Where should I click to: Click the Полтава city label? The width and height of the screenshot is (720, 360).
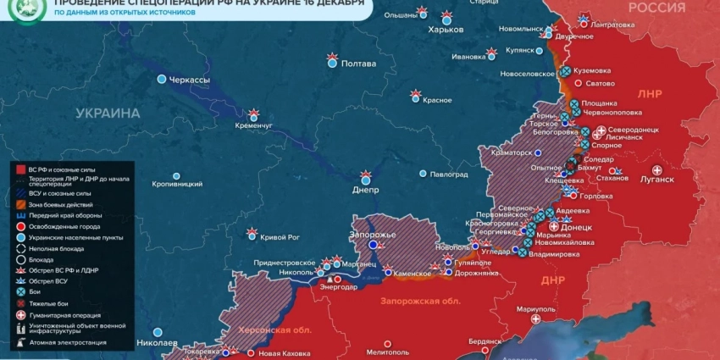pyautogui.click(x=357, y=64)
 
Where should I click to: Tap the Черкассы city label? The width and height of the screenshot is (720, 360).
pyautogui.click(x=189, y=80)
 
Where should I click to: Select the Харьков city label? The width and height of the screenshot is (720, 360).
pyautogui.click(x=446, y=30)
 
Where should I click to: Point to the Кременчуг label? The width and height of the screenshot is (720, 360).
pyautogui.click(x=254, y=126)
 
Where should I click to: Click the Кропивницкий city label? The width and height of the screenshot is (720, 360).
pyautogui.click(x=177, y=184)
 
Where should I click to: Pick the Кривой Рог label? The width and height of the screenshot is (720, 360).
pyautogui.click(x=280, y=237)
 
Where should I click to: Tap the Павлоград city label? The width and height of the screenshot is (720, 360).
pyautogui.click(x=449, y=174)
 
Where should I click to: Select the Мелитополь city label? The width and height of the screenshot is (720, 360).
pyautogui.click(x=388, y=352)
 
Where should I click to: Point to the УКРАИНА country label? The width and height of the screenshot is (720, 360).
pyautogui.click(x=108, y=113)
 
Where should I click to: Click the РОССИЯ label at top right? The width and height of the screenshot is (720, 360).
pyautogui.click(x=656, y=8)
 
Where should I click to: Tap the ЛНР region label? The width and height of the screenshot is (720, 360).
pyautogui.click(x=650, y=93)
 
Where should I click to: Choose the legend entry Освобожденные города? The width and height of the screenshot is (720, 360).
pyautogui.click(x=64, y=226)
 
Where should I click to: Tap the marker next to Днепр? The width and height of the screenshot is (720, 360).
pyautogui.click(x=366, y=177)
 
